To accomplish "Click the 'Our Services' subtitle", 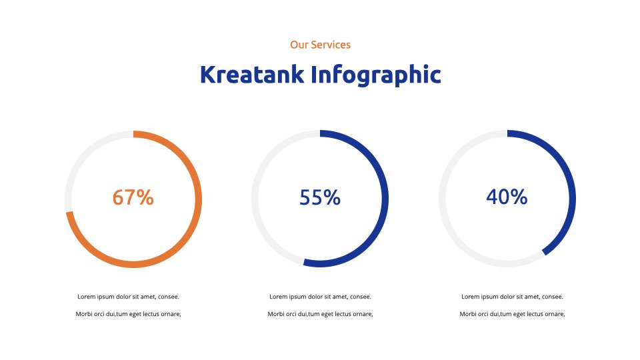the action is (x=321, y=45).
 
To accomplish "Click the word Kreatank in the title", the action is (x=252, y=74).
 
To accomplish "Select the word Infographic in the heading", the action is (x=376, y=75).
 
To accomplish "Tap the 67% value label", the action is (x=133, y=197).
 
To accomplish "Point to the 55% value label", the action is (x=320, y=197).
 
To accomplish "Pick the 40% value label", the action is (x=507, y=196).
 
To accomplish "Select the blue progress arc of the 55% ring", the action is (x=385, y=199).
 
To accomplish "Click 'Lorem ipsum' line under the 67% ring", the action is (x=128, y=297).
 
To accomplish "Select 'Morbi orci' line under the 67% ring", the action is (x=128, y=314).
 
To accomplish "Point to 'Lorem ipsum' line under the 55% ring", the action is (x=321, y=297).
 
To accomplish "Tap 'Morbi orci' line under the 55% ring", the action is (x=321, y=314).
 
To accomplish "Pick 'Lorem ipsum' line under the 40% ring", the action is (x=512, y=297).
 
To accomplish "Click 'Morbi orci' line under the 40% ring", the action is (x=512, y=314).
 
